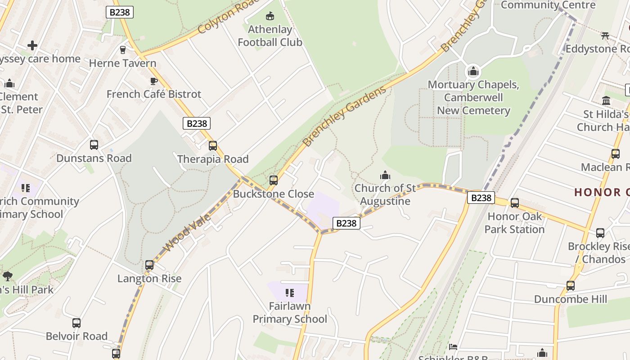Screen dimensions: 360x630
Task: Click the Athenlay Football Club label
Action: click(270, 36)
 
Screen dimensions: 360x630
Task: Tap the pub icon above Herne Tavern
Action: click(122, 49)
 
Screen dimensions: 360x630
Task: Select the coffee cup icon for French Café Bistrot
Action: click(153, 81)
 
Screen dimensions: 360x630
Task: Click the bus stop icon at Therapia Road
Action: click(213, 146)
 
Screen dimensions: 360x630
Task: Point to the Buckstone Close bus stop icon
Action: click(273, 180)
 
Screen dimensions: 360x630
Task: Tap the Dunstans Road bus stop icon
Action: click(94, 145)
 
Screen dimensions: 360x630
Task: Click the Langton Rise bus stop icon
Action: click(149, 265)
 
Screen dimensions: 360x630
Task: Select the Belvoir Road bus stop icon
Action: click(76, 323)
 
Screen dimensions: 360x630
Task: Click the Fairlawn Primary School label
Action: click(289, 312)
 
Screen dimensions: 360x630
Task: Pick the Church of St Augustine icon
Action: click(385, 175)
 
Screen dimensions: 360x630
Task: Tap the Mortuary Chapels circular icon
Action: click(473, 72)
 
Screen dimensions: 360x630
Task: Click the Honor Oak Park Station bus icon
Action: click(514, 203)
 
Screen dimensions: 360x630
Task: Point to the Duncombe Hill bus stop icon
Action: click(570, 286)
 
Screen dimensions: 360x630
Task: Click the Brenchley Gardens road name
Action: click(344, 116)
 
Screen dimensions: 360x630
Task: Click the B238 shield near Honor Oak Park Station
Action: click(481, 198)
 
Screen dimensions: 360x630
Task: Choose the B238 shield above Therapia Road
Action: click(197, 123)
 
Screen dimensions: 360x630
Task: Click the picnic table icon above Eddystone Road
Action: click(605, 36)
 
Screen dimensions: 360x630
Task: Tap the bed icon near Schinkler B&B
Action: click(453, 346)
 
